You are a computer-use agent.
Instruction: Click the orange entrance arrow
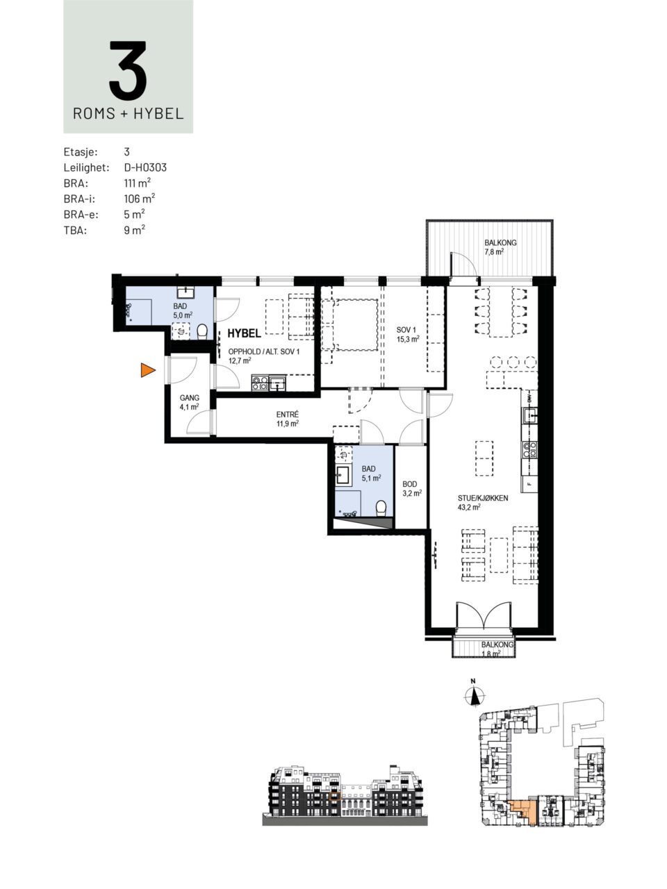[147, 370]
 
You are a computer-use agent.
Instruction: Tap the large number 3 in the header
[128, 70]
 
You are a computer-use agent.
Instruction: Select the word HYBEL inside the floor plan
[243, 333]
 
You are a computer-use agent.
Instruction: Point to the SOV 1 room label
[406, 331]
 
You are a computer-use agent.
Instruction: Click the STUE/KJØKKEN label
[483, 498]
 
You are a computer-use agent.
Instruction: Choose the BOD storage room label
[409, 484]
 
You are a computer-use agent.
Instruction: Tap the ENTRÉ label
[288, 415]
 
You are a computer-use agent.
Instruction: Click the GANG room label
[190, 398]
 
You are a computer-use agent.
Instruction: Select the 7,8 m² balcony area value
[494, 252]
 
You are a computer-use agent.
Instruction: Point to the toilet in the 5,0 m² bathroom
[201, 332]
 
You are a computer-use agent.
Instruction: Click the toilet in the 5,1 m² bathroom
[381, 508]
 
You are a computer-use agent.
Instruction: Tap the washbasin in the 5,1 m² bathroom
[343, 474]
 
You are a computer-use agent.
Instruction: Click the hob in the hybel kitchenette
[260, 383]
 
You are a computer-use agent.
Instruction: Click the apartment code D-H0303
[145, 167]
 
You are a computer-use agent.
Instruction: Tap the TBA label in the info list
[75, 231]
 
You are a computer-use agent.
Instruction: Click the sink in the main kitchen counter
[529, 415]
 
